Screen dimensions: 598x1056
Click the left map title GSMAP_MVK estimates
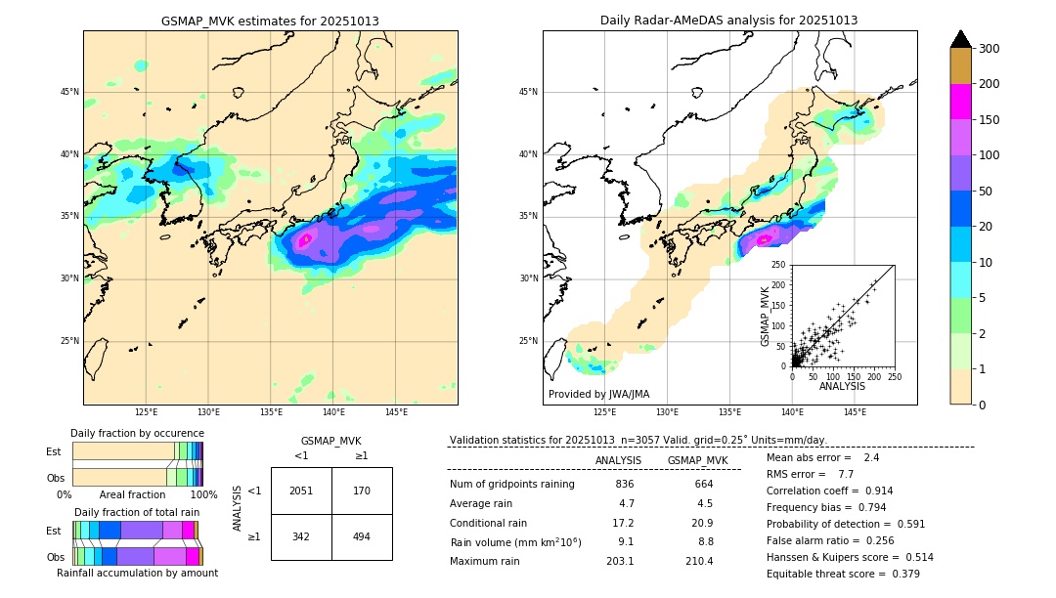coord(270,21)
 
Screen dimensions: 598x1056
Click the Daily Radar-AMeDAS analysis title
coord(728,21)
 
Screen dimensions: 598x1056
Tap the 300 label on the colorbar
coord(989,49)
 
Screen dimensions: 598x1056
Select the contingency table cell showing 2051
coord(301,491)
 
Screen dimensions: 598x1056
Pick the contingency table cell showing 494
coord(362,536)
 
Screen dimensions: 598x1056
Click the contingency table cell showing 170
coord(362,491)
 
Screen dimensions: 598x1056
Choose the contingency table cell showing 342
coord(301,536)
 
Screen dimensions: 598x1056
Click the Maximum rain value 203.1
coord(619,561)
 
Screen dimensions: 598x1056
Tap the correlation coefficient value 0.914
coord(872,491)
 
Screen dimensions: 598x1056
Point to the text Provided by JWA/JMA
coord(598,394)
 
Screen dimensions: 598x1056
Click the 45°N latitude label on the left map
coord(69,92)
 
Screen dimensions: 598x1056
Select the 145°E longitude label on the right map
coord(855,412)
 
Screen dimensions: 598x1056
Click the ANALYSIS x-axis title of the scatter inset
coord(842,386)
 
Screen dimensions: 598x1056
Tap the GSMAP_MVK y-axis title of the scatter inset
coord(766,316)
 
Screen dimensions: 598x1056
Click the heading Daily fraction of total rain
coord(137,512)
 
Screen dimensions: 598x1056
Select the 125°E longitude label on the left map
coord(146,412)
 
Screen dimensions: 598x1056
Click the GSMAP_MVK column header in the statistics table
coord(697,460)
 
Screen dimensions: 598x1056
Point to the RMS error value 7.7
coord(846,474)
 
